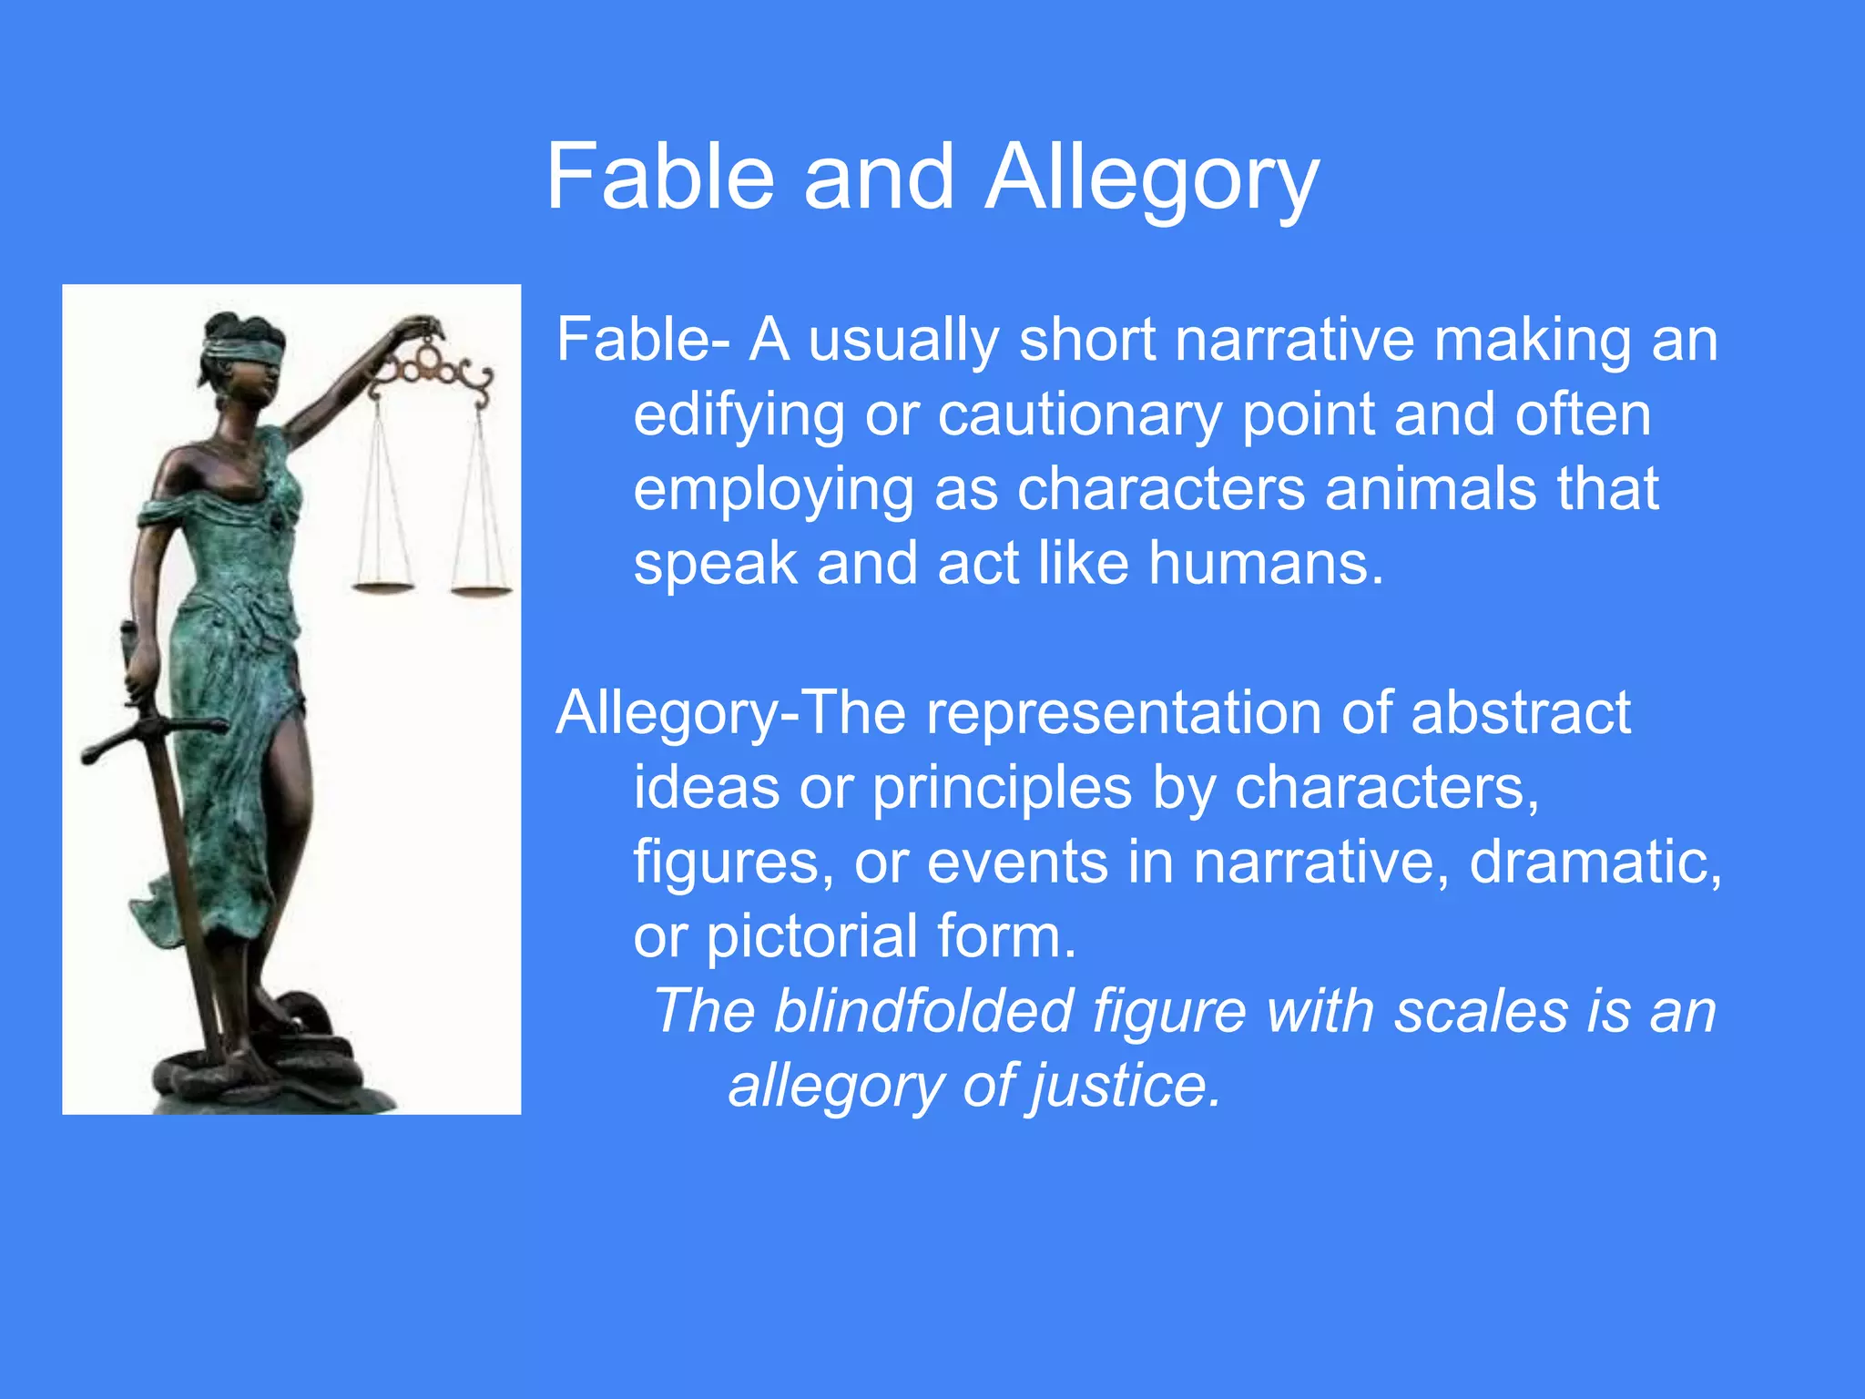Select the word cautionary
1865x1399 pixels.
1080,415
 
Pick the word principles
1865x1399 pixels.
1002,789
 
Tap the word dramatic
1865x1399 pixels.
1595,862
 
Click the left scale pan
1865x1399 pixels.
382,587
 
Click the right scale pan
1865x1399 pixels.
481,592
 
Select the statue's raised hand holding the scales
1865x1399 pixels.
421,326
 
